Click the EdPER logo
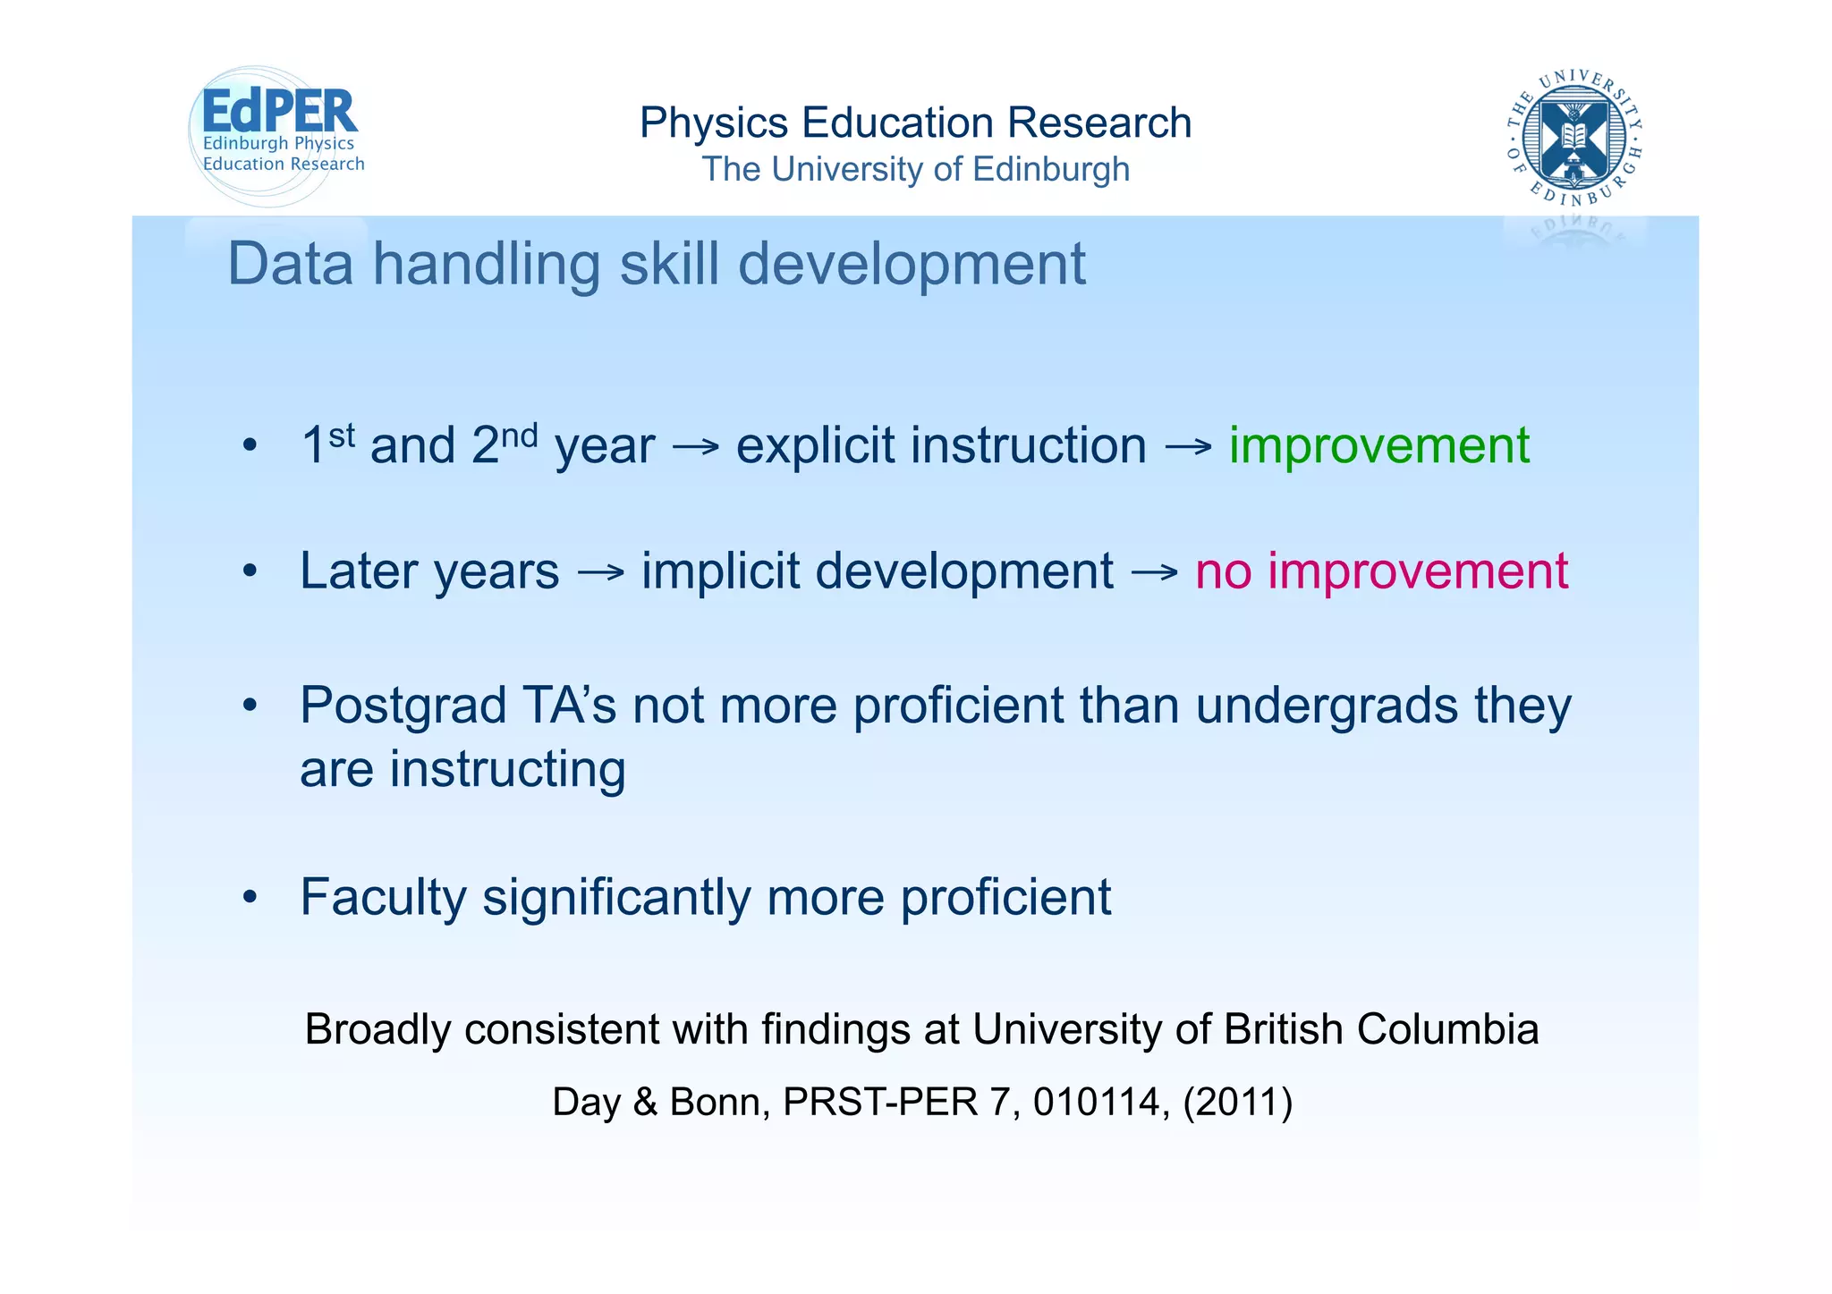(x=277, y=134)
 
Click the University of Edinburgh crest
(x=1574, y=137)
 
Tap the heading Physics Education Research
(x=915, y=123)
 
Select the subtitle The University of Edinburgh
(x=915, y=169)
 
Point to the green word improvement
(x=1378, y=445)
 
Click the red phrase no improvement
(x=1381, y=571)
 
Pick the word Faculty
(x=383, y=897)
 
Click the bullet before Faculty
(x=250, y=897)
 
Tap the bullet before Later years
(x=250, y=571)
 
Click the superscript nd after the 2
(x=519, y=436)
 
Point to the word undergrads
(x=1327, y=706)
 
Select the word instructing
(x=507, y=770)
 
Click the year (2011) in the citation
(x=1238, y=1102)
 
